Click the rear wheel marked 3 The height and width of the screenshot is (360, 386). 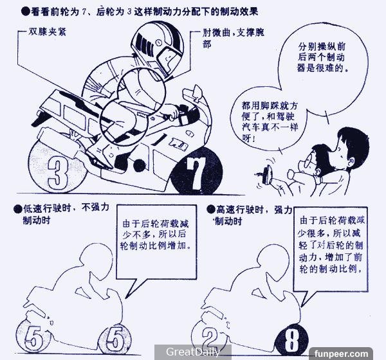tap(57, 167)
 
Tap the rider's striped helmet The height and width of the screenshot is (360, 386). tap(158, 48)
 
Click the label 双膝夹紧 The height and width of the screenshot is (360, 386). tap(47, 32)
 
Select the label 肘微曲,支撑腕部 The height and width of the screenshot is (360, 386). tap(233, 38)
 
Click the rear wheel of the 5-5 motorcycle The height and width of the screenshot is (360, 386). tap(33, 337)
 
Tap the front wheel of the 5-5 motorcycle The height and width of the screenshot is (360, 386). tap(115, 337)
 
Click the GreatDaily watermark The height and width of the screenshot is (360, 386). tap(193, 352)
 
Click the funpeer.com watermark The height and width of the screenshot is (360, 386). tap(341, 354)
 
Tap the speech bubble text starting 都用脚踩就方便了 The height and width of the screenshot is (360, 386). tap(270, 122)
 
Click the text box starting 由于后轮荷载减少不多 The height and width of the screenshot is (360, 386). tap(156, 235)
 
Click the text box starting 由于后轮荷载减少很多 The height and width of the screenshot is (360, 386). tap(331, 244)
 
